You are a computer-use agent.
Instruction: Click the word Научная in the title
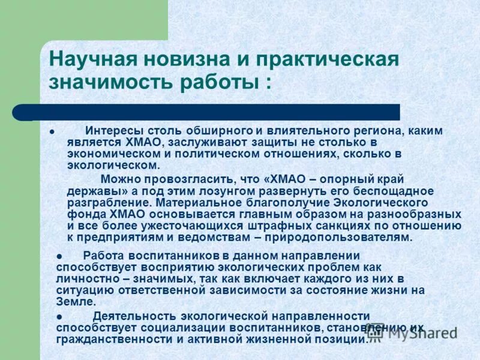[89, 60]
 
